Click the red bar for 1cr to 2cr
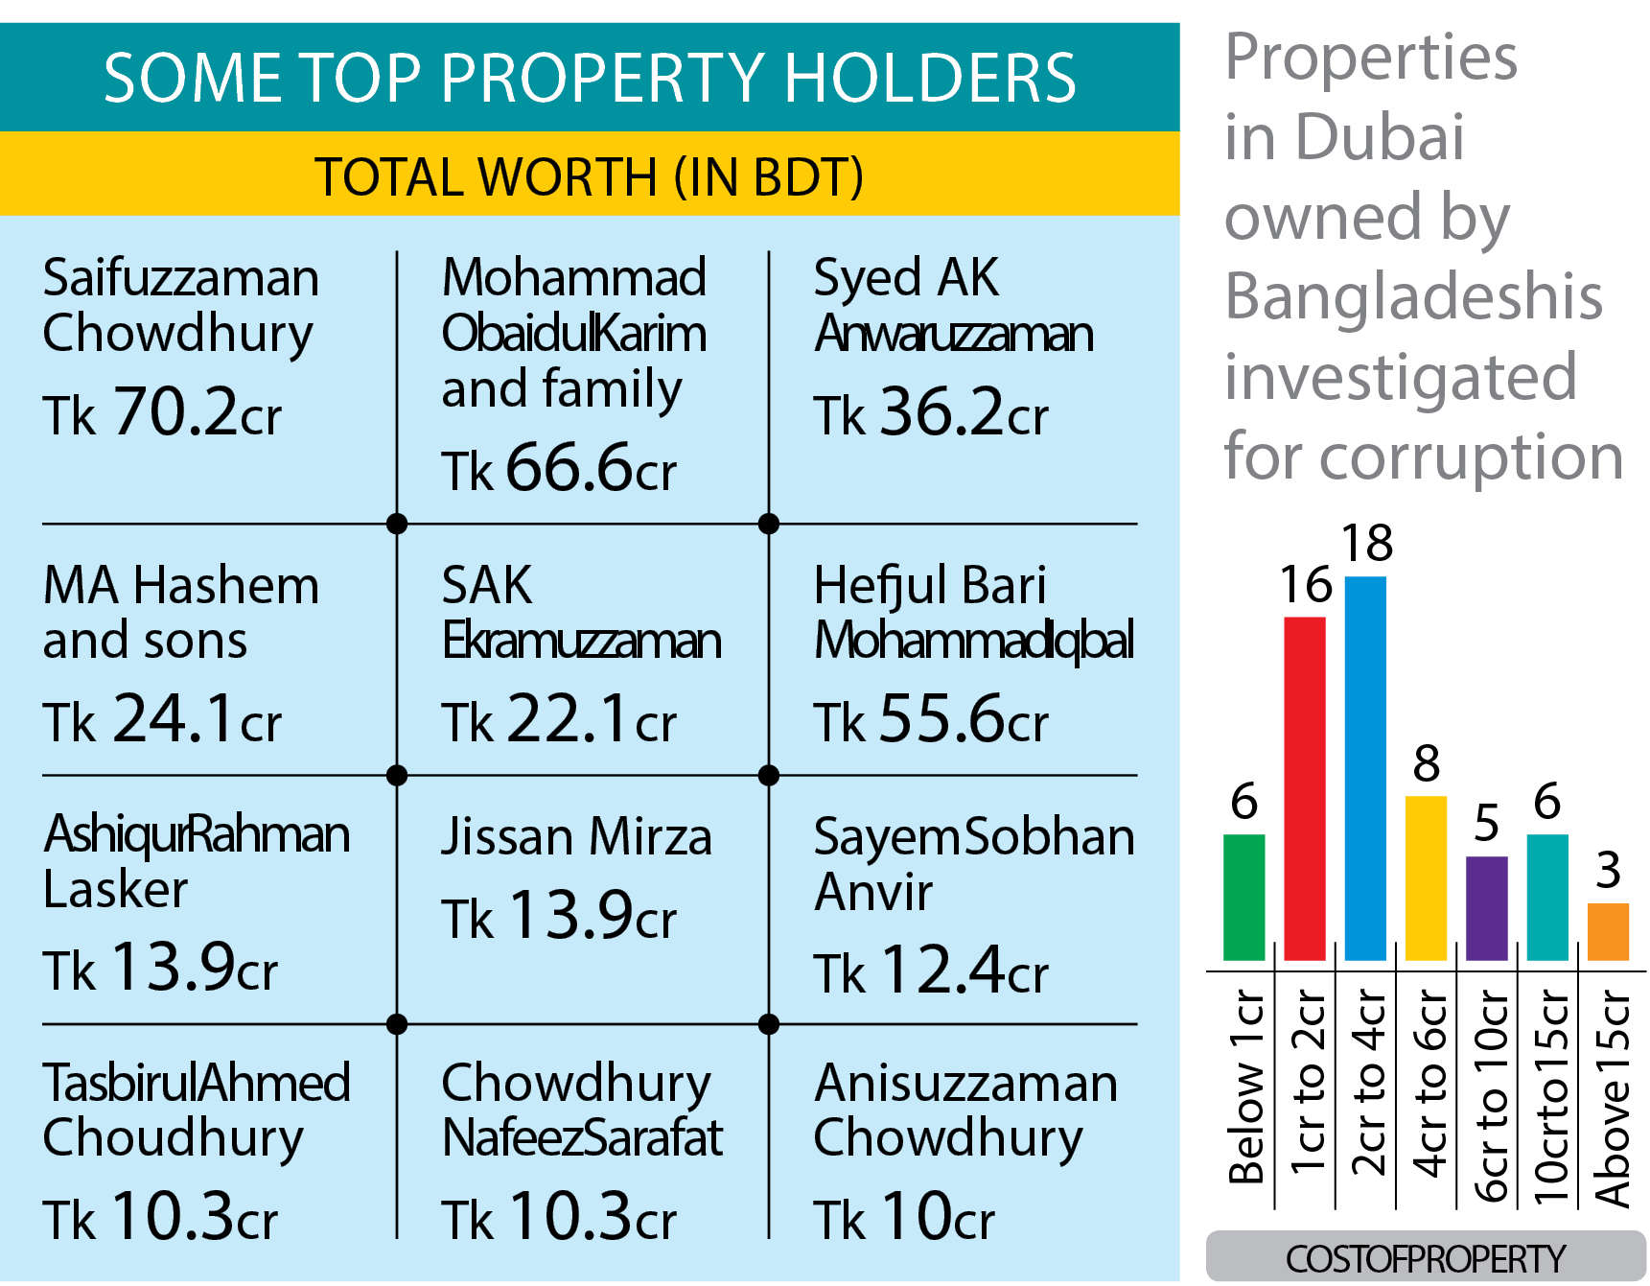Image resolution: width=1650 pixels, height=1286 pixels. [1304, 788]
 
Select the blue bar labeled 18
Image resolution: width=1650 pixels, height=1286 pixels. [1365, 768]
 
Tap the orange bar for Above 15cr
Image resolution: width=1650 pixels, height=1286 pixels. [1608, 931]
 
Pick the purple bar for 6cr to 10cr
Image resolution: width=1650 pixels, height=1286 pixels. [1486, 908]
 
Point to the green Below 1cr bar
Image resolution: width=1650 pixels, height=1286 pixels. [1243, 897]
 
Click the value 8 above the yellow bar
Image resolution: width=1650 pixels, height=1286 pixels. [1426, 764]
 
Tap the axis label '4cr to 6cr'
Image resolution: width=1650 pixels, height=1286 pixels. [1429, 1084]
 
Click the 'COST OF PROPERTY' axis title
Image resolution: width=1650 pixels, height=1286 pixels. [1425, 1258]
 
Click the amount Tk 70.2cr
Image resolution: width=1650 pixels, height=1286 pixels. [162, 413]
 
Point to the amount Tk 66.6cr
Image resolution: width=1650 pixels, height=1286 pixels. [559, 469]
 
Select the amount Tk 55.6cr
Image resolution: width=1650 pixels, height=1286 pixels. [931, 719]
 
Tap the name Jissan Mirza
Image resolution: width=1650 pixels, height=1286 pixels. [576, 836]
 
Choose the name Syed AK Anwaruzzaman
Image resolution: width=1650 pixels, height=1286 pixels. [953, 305]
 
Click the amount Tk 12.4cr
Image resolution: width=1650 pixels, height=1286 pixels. [931, 970]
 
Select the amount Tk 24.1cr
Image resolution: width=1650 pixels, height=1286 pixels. [162, 719]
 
